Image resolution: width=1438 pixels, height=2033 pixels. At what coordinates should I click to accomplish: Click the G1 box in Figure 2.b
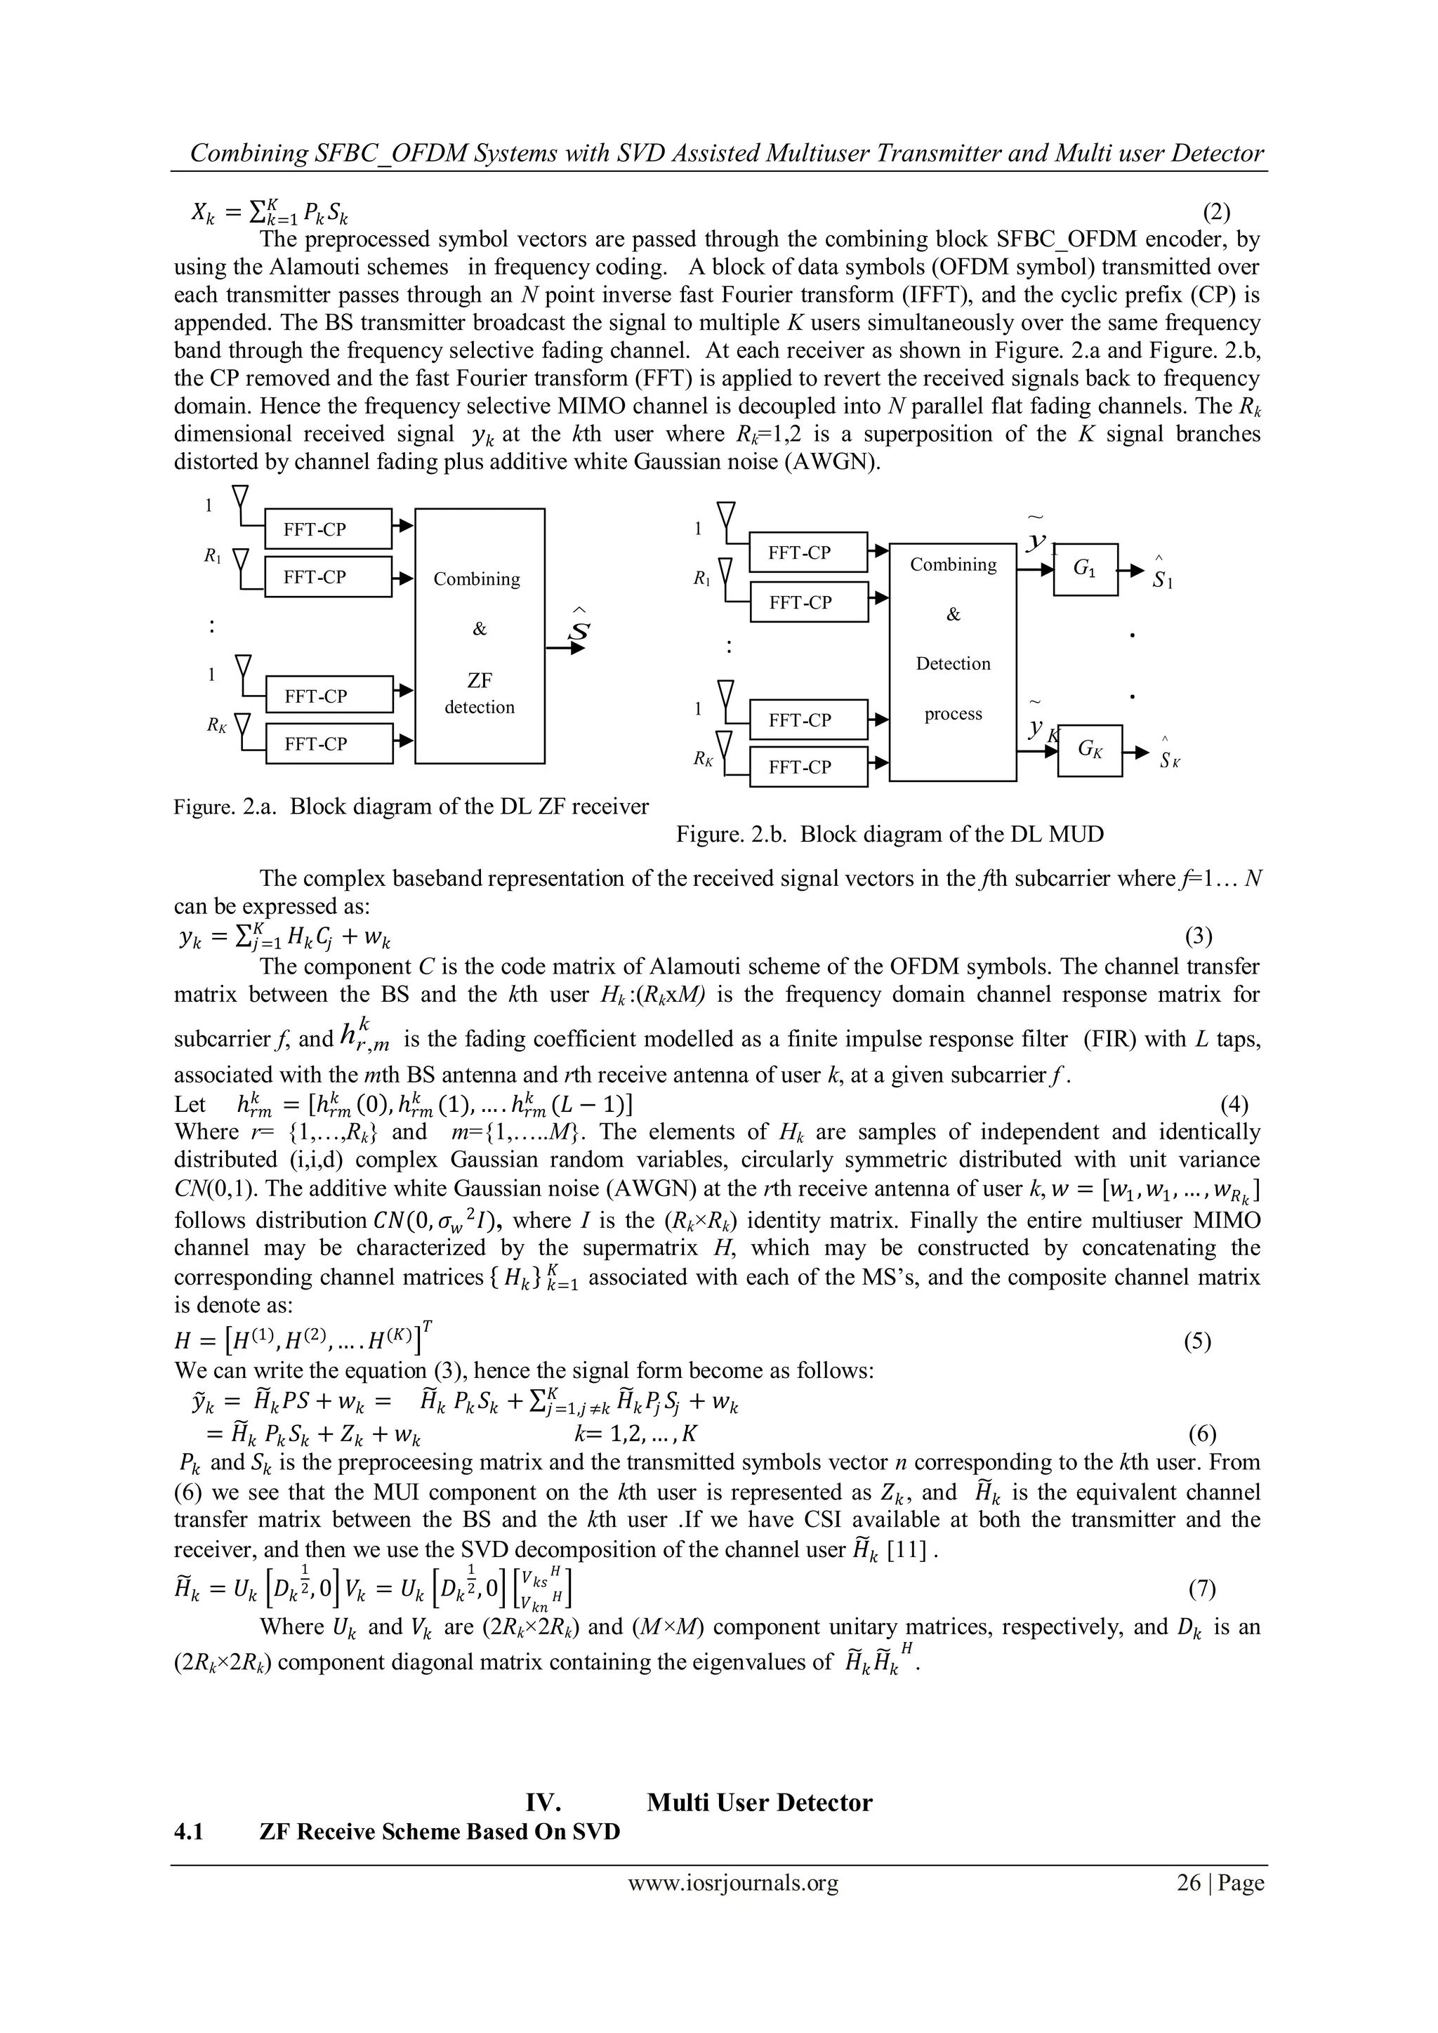click(1086, 570)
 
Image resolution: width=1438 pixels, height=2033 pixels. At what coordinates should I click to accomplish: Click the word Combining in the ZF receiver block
click(476, 579)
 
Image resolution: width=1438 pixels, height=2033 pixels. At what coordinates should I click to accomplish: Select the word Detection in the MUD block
click(953, 663)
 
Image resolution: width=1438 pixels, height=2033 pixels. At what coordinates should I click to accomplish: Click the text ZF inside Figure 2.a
click(479, 680)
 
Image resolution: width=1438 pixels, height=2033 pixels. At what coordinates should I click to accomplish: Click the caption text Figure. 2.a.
click(227, 807)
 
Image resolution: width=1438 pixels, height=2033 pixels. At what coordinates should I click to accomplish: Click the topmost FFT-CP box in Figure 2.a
click(328, 529)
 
